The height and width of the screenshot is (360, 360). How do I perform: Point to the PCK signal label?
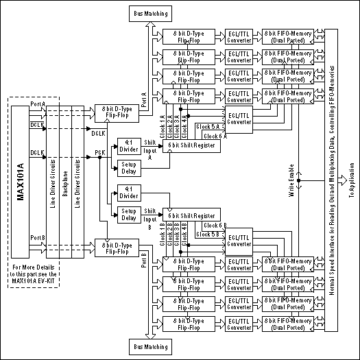[x=99, y=152]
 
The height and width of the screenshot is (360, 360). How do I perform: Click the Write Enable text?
[x=291, y=182]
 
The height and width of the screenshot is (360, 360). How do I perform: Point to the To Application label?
[x=352, y=180]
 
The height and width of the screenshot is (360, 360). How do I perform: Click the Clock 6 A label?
[x=213, y=136]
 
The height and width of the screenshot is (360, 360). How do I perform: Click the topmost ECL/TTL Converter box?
[x=241, y=35]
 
